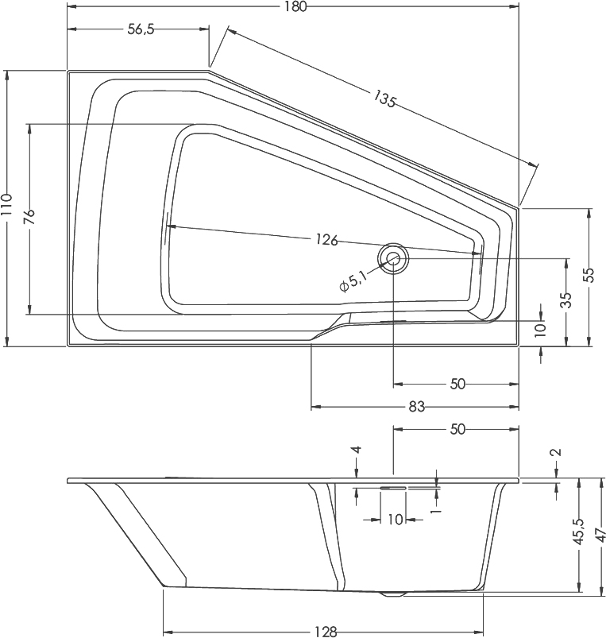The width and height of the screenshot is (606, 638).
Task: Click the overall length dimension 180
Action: tap(292, 7)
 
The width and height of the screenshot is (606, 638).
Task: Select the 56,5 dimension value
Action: tap(140, 29)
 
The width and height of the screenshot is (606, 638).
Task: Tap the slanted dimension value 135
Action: tap(385, 99)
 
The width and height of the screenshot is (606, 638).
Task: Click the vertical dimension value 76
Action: tap(29, 218)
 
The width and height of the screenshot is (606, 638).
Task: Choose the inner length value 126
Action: tap(326, 240)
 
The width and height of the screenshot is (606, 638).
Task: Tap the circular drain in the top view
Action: tap(393, 258)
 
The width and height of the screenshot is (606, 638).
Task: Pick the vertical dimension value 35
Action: tap(565, 300)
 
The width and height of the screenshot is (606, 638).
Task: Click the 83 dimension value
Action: tap(416, 407)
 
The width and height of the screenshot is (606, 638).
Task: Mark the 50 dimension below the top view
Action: tap(457, 384)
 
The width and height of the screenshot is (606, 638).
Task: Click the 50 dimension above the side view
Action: tap(457, 429)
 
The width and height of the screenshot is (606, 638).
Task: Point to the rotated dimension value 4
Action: tap(357, 450)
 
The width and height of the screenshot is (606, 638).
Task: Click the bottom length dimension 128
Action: tap(324, 632)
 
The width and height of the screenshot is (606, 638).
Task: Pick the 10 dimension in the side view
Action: tap(395, 520)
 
